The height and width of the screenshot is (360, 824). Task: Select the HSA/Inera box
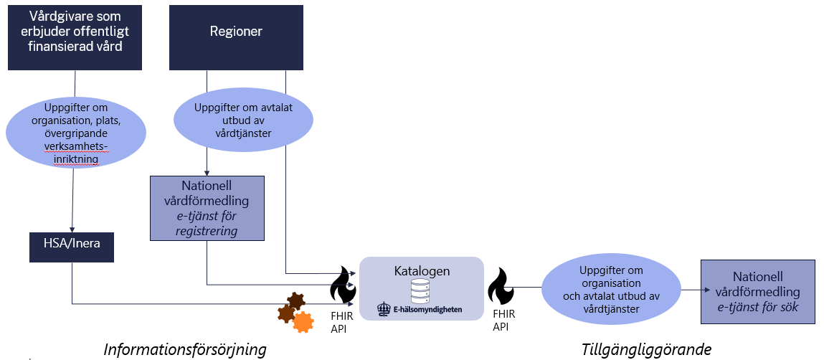click(71, 244)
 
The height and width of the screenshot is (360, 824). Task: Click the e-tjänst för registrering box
click(207, 207)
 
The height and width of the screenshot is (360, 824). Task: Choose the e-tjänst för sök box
click(758, 293)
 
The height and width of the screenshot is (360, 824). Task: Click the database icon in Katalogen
click(421, 291)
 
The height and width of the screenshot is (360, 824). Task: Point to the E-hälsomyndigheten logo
click(420, 310)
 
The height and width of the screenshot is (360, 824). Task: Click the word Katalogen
click(422, 271)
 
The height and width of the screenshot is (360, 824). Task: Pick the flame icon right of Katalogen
click(501, 286)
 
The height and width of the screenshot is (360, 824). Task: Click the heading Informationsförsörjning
click(185, 349)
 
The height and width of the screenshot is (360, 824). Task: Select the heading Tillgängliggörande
click(646, 349)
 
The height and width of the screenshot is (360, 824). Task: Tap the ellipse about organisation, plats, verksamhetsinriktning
click(76, 133)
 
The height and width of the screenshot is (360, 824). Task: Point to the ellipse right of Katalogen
click(610, 290)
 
